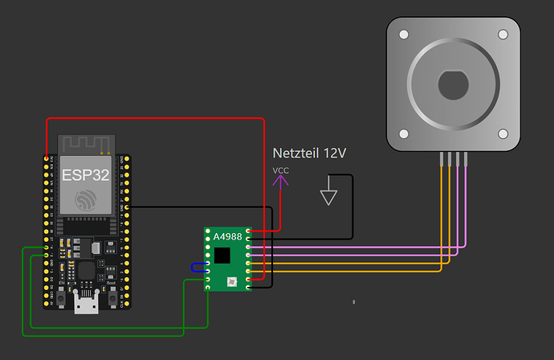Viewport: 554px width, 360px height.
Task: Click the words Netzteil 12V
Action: pos(309,153)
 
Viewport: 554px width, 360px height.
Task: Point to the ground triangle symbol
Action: pos(328,196)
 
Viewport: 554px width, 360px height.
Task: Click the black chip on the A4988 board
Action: pos(222,255)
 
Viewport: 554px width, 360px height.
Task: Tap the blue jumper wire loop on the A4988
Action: pos(198,268)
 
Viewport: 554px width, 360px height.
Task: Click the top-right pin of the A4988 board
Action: pos(249,231)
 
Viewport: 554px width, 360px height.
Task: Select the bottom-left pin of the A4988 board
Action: pos(209,286)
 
